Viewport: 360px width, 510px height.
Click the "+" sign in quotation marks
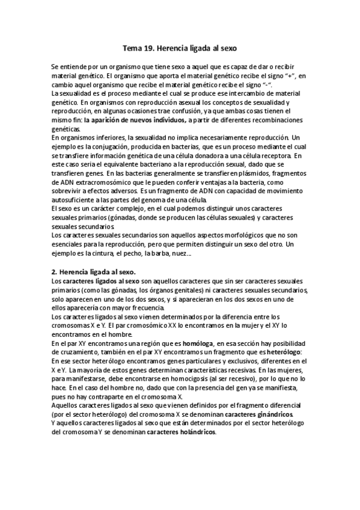pos(275,76)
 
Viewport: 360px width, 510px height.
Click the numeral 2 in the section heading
pos(54,272)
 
